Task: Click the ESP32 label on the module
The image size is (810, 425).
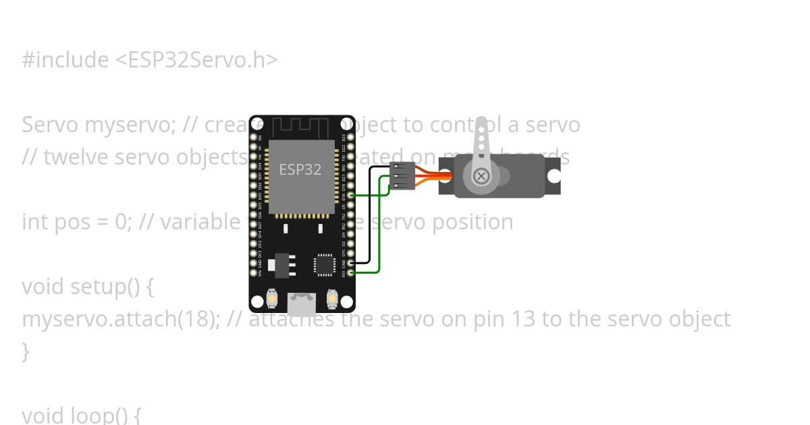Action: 300,169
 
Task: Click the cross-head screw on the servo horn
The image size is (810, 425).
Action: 481,176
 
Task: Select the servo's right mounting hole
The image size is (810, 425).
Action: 553,176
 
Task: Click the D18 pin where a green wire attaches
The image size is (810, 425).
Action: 350,196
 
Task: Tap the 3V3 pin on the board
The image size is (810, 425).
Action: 350,273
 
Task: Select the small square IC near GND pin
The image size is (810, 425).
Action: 325,264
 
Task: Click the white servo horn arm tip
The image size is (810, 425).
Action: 481,125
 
